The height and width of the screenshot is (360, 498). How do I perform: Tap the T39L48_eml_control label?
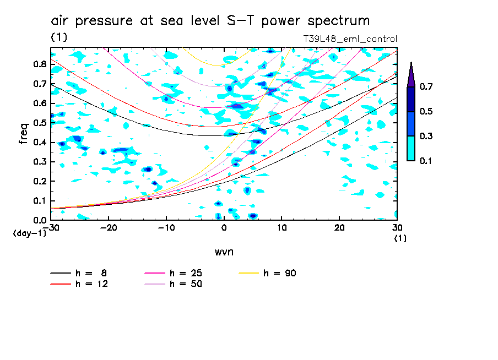click(350, 39)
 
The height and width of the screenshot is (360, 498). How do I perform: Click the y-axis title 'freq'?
click(23, 133)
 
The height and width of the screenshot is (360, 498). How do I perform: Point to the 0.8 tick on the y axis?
click(40, 64)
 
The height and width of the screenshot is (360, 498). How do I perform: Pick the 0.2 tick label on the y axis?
click(40, 181)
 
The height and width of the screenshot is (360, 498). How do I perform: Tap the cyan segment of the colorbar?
click(411, 148)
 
